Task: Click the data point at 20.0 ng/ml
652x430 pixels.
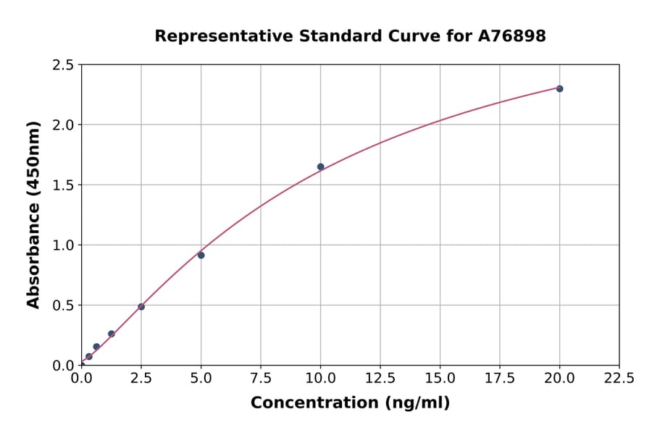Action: pyautogui.click(x=559, y=88)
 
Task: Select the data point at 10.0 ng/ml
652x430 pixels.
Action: pyautogui.click(x=320, y=166)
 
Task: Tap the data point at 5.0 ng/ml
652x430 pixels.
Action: pyautogui.click(x=201, y=255)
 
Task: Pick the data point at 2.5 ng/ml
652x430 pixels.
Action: pyautogui.click(x=141, y=307)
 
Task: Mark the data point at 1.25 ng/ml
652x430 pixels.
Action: pyautogui.click(x=112, y=334)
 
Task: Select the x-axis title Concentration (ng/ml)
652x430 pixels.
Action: pyautogui.click(x=350, y=403)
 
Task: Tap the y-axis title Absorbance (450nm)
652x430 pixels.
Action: pyautogui.click(x=33, y=214)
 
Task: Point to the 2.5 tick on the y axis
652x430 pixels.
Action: pyautogui.click(x=64, y=65)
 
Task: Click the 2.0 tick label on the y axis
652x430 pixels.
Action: pyautogui.click(x=64, y=125)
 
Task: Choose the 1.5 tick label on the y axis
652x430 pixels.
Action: pyautogui.click(x=64, y=185)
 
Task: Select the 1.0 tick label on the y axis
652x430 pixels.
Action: pyautogui.click(x=64, y=245)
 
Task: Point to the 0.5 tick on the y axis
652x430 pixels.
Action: pyautogui.click(x=64, y=305)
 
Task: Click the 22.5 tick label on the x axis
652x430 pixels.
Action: pyautogui.click(x=619, y=379)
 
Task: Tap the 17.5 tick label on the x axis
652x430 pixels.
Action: pyautogui.click(x=499, y=379)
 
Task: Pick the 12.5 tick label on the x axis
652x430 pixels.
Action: pyautogui.click(x=380, y=379)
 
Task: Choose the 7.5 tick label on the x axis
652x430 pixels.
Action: pyautogui.click(x=261, y=379)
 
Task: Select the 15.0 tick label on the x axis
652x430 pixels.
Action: pyautogui.click(x=440, y=379)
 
